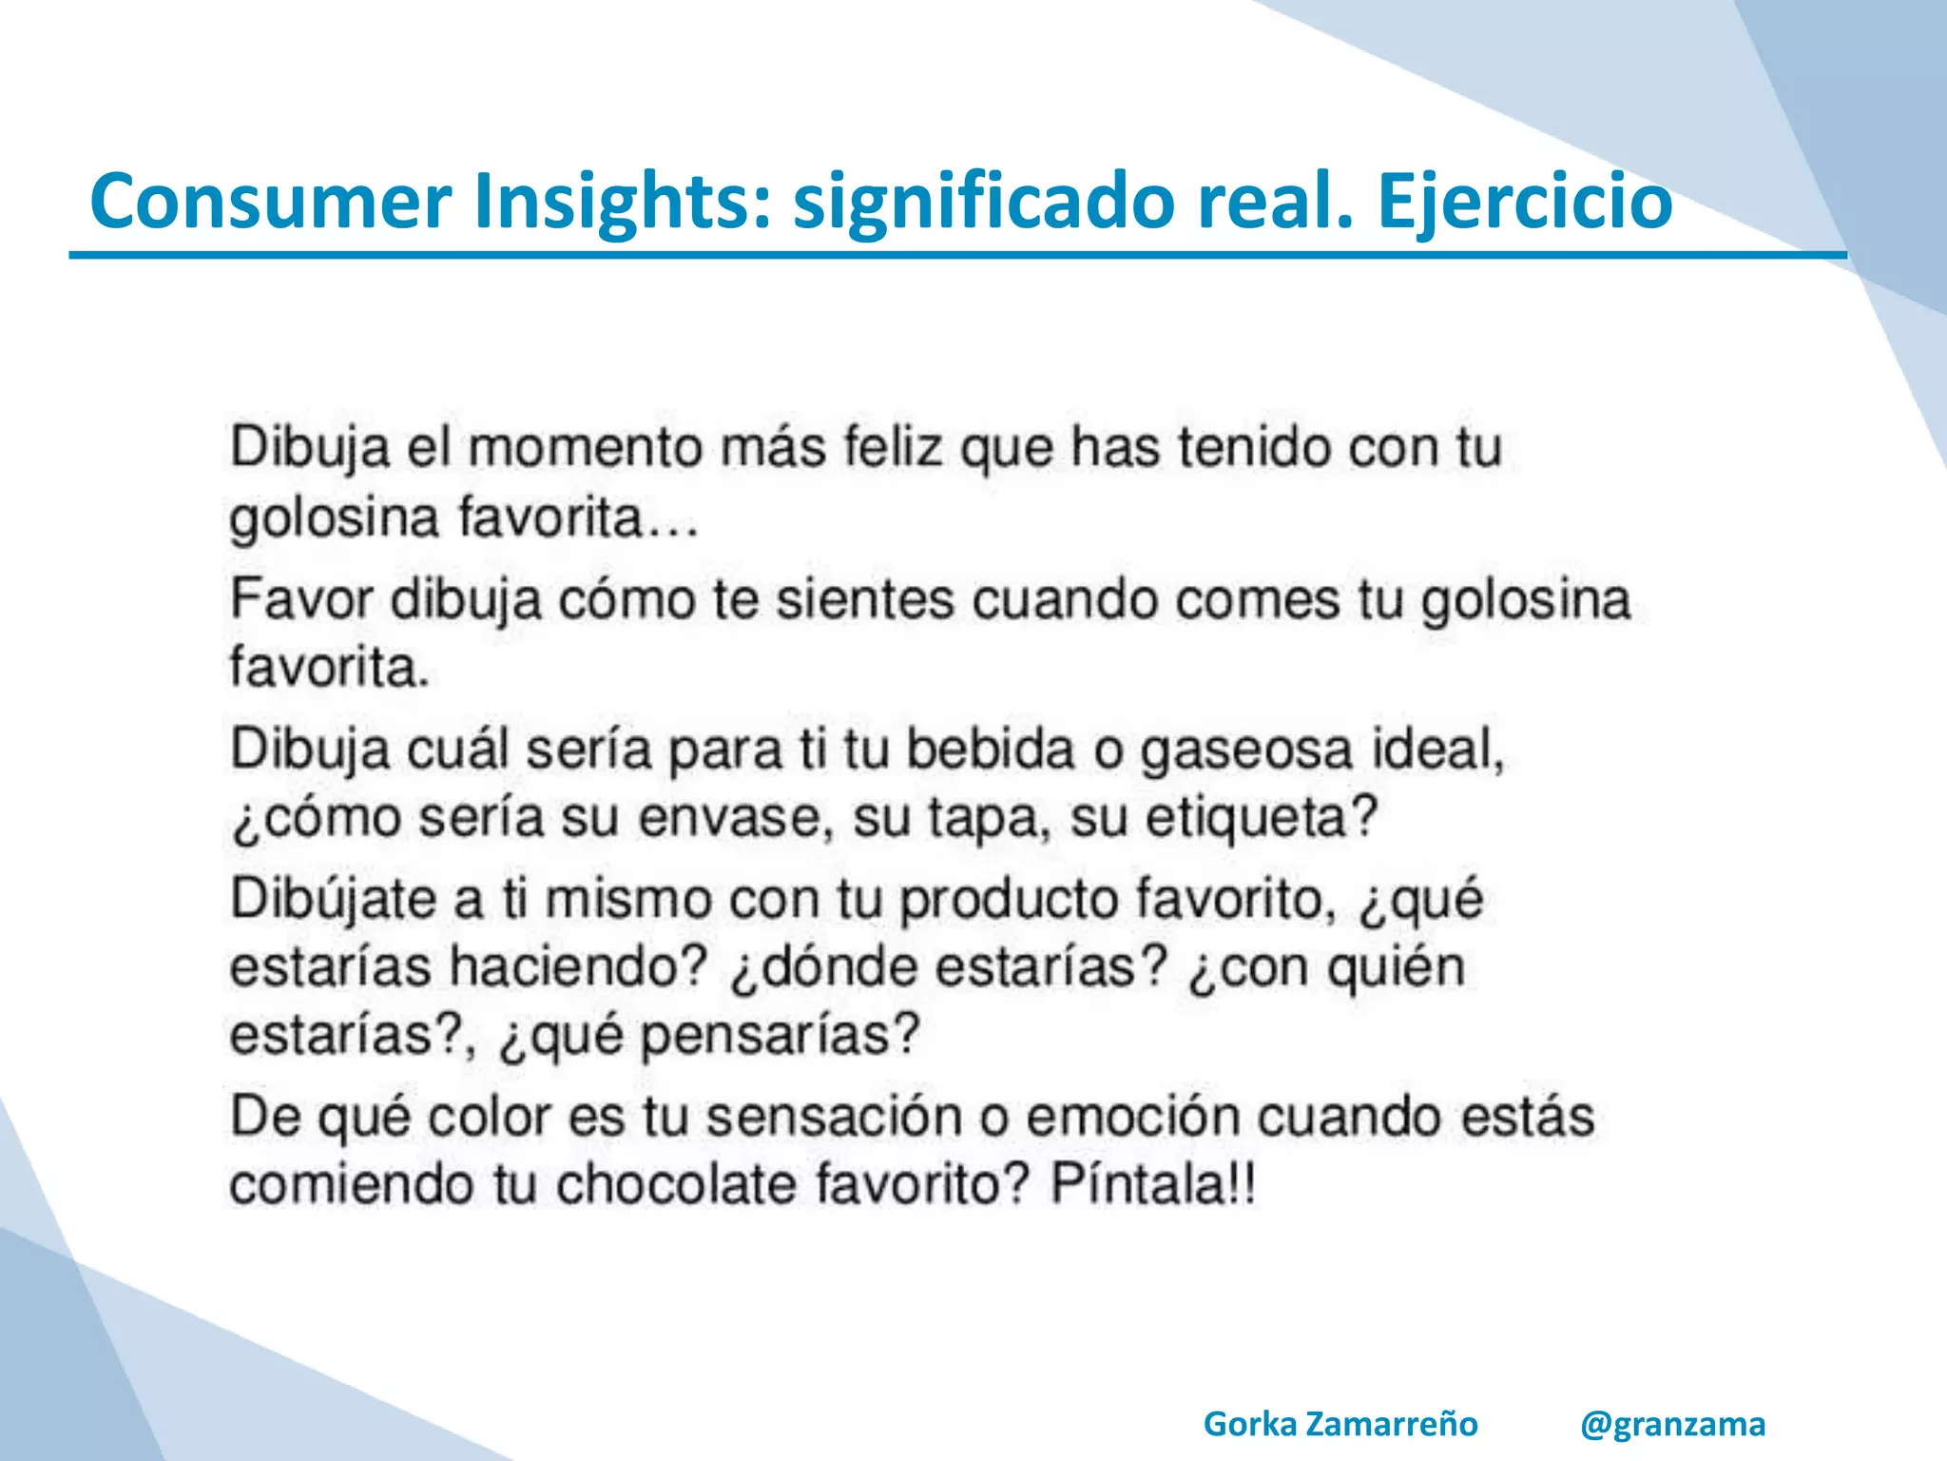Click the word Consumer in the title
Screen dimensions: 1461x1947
tap(270, 201)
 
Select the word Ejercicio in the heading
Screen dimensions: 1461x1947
tap(1524, 201)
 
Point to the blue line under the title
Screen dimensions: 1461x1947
tap(951, 256)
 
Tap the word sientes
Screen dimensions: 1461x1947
tap(864, 600)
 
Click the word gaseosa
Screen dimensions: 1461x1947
tap(1245, 750)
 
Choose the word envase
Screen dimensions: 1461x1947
tap(727, 818)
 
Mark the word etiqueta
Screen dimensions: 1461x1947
tap(1260, 818)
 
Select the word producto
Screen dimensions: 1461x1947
tap(1008, 899)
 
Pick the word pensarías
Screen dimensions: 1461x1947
tap(780, 1035)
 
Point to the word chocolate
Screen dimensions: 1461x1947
tap(676, 1185)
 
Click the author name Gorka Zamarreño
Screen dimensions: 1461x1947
tap(1340, 1424)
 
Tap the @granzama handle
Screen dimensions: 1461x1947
tap(1672, 1424)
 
